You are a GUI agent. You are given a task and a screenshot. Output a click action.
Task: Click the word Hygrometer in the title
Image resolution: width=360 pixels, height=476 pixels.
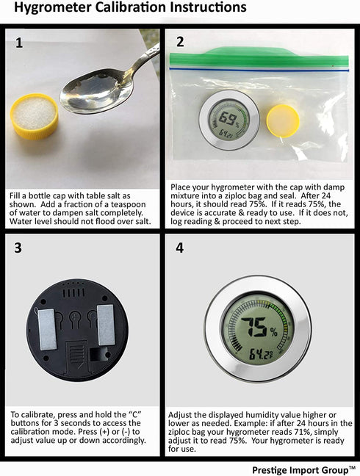click(53, 7)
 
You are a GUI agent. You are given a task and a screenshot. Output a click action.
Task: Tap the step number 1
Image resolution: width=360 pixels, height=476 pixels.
click(19, 43)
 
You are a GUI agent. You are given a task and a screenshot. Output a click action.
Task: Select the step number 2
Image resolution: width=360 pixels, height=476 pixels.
click(180, 42)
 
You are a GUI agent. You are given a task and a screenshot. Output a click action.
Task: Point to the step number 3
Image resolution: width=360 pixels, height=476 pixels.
click(18, 248)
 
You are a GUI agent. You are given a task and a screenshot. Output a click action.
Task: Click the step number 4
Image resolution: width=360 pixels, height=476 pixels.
click(180, 248)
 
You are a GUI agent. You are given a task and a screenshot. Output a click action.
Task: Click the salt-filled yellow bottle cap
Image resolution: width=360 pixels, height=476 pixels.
click(34, 116)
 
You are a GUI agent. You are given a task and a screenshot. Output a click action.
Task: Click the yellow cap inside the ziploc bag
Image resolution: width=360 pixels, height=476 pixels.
click(283, 120)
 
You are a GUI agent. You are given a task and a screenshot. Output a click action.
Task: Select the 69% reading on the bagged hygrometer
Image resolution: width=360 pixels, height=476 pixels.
click(229, 118)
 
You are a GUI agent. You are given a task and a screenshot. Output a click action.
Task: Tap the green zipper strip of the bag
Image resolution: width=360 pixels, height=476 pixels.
click(259, 59)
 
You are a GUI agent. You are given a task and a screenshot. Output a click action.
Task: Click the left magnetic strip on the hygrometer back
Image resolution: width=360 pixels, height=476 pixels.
click(48, 329)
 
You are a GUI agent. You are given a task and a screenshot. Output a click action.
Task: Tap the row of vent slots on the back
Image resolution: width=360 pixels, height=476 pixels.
click(73, 292)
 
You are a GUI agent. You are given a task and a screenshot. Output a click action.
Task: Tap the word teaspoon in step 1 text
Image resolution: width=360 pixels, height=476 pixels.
click(128, 204)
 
